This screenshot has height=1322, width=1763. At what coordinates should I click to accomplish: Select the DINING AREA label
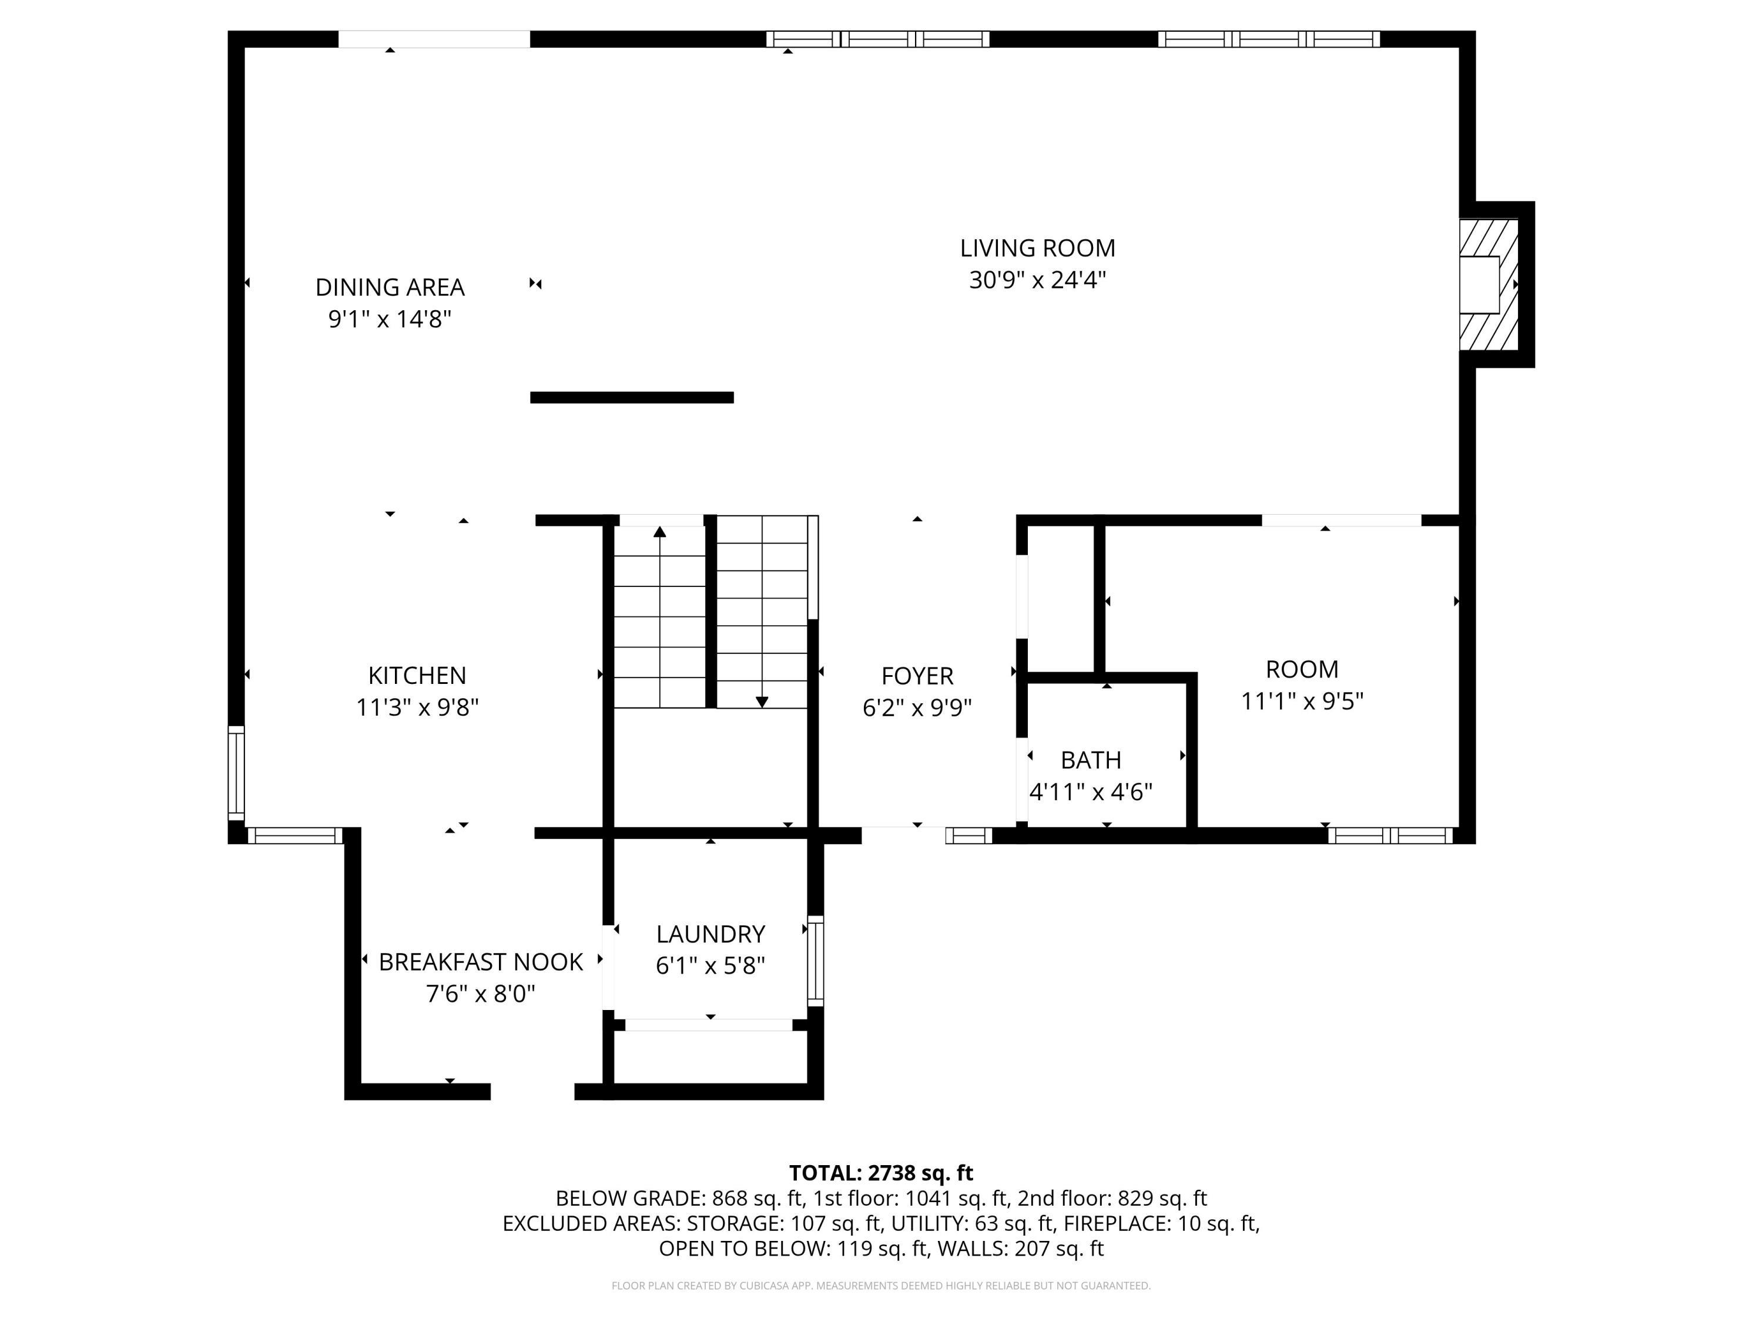pyautogui.click(x=390, y=287)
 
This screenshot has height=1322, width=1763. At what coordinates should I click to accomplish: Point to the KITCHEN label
pyautogui.click(x=417, y=676)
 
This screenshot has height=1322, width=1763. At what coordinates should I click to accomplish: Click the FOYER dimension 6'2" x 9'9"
pyautogui.click(x=917, y=707)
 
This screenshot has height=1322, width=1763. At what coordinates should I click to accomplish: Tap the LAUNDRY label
pyautogui.click(x=710, y=934)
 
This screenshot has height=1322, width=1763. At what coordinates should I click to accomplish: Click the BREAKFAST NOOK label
pyautogui.click(x=481, y=962)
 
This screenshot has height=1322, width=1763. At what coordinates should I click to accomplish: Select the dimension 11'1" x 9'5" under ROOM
pyautogui.click(x=1302, y=701)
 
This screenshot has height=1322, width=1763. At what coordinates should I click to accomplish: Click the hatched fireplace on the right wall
pyautogui.click(x=1488, y=284)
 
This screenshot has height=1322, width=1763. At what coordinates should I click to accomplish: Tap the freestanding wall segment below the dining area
pyautogui.click(x=631, y=398)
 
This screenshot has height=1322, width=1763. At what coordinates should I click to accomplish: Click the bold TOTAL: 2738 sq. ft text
pyautogui.click(x=881, y=1173)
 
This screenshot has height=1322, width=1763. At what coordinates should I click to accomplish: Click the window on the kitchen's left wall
pyautogui.click(x=236, y=773)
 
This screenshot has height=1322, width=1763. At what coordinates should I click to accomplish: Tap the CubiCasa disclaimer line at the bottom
pyautogui.click(x=881, y=1286)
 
